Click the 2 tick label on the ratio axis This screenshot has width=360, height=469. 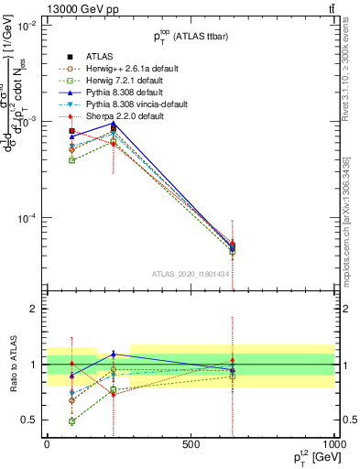pyautogui.click(x=33, y=310)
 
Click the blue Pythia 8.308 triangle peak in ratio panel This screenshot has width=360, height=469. pyautogui.click(x=114, y=354)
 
